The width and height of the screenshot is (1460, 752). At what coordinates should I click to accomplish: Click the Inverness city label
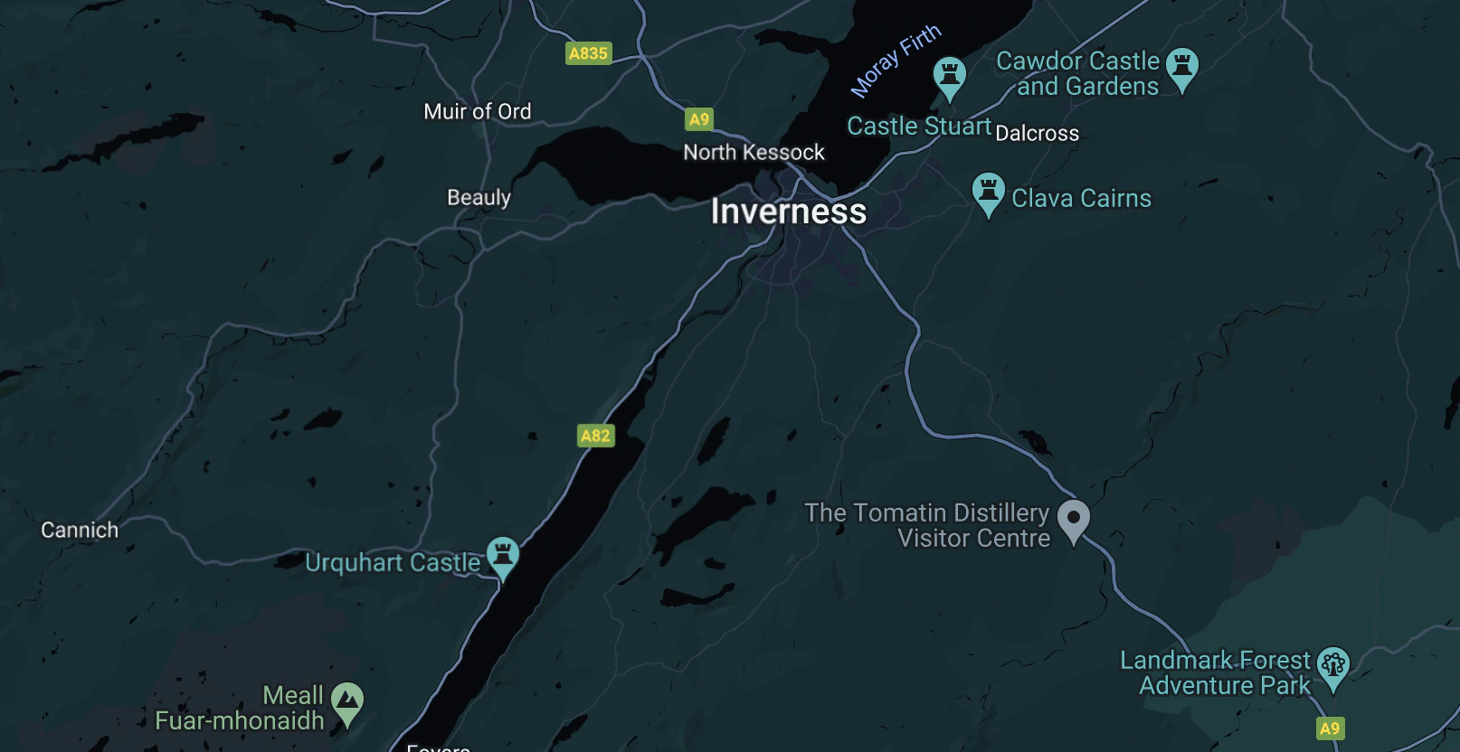(x=788, y=211)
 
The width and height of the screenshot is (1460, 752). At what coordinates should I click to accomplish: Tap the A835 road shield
(x=588, y=53)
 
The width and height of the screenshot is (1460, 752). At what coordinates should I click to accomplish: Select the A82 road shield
(x=595, y=436)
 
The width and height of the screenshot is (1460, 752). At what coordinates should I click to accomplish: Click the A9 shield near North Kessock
(x=699, y=119)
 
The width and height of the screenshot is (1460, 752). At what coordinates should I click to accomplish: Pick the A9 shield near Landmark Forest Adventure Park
(x=1329, y=728)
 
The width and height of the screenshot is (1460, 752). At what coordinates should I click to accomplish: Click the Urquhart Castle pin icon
(x=503, y=555)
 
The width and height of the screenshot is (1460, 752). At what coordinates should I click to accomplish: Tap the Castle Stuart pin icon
(x=949, y=76)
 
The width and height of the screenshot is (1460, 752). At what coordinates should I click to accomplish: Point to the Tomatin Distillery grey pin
(x=1074, y=520)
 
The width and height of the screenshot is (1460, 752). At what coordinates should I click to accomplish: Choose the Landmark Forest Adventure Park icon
(x=1332, y=667)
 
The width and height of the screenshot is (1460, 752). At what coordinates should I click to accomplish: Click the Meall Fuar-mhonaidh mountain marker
(x=347, y=701)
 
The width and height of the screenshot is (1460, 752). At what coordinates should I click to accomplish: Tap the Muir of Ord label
(x=477, y=111)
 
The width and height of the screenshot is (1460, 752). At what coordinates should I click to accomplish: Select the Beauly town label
(x=479, y=197)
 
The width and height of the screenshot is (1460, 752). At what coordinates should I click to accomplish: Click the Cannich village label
(x=80, y=530)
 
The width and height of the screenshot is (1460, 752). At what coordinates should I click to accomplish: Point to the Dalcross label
(x=1037, y=134)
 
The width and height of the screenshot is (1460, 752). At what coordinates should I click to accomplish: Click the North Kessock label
(x=754, y=152)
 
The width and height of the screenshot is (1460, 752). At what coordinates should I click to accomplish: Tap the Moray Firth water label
(x=896, y=61)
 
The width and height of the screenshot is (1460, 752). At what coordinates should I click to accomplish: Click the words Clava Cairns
(x=1081, y=198)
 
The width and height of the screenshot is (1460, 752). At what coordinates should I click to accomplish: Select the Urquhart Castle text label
(x=393, y=562)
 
